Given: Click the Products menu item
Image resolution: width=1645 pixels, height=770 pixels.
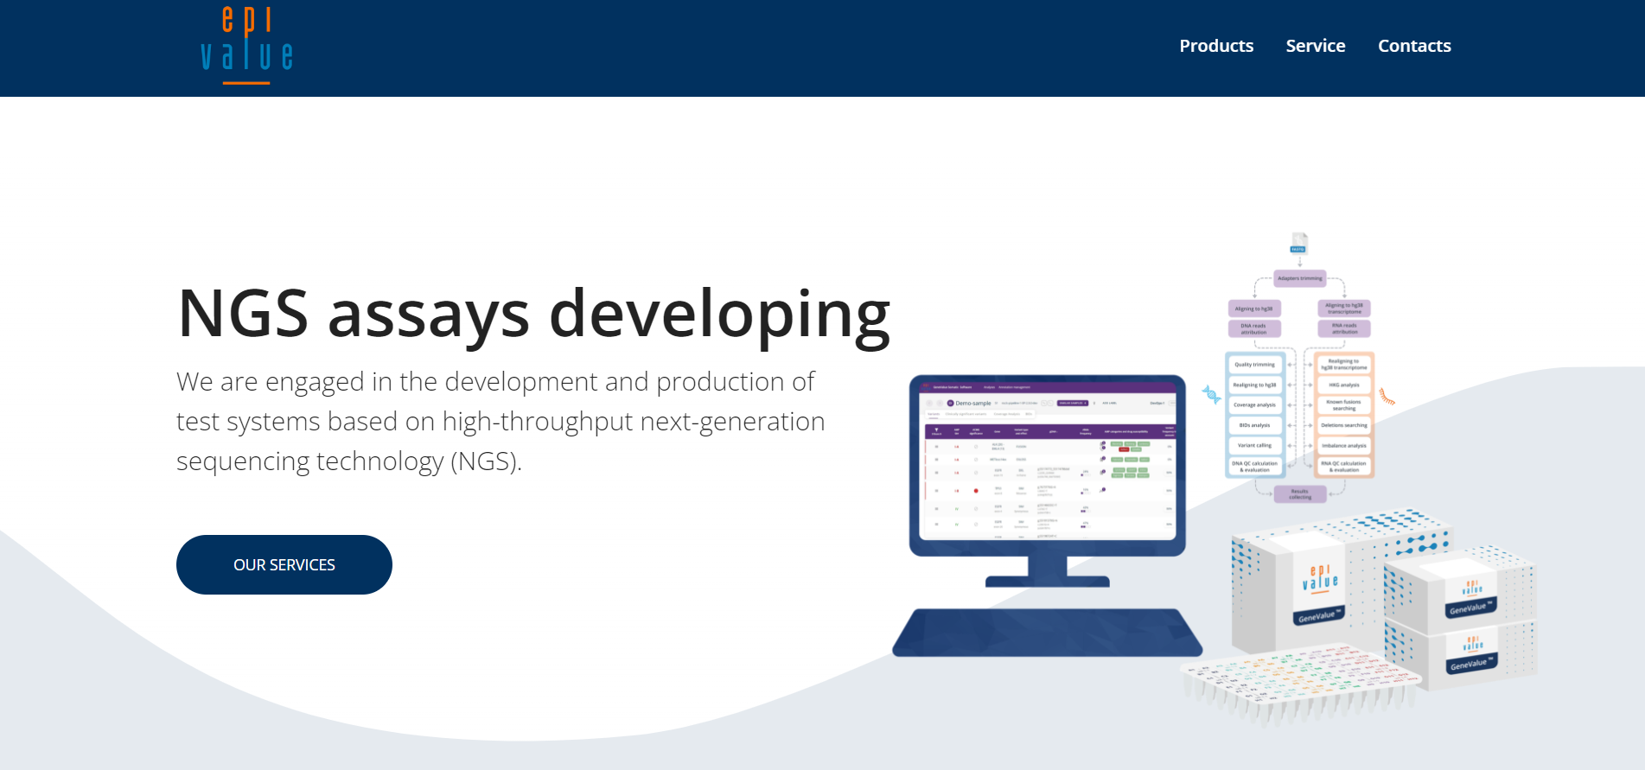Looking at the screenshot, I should pos(1215,46).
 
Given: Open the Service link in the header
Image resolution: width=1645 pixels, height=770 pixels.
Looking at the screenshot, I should pos(1315,46).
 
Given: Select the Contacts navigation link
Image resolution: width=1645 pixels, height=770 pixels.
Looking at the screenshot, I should pos(1413,46).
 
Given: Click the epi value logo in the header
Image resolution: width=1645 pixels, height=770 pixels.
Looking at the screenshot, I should pos(246,45).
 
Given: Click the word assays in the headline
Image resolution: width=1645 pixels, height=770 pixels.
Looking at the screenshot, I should pos(428,315).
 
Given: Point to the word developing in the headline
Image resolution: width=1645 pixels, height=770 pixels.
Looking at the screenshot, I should pos(719,315).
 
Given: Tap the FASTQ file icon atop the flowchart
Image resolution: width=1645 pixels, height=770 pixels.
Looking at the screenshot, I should pos(1298,243).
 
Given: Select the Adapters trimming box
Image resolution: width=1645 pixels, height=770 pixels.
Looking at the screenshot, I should pos(1299,278).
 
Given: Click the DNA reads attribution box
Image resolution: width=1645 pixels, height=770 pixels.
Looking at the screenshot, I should pos(1253,329).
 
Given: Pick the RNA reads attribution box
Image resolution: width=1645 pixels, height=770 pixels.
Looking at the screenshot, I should pos(1344,329).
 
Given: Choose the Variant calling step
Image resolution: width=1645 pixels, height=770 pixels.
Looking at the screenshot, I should pos(1254,446).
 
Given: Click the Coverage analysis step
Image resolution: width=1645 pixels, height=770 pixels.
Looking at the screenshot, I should pos(1254,405).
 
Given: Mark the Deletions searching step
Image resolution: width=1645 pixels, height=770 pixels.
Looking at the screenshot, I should pos(1344,425).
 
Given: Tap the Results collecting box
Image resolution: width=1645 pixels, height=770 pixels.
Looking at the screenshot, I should pos(1300,494).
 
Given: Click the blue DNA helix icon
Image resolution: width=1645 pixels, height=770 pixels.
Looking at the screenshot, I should pos(1211,395).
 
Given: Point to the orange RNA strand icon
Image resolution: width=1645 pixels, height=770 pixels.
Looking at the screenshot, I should pos(1387,397).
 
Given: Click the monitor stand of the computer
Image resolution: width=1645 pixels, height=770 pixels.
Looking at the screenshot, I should pos(1047,572).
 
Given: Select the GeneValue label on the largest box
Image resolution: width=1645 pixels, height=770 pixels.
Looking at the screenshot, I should pos(1318,616).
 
